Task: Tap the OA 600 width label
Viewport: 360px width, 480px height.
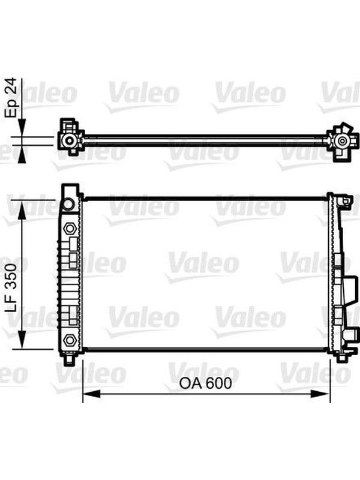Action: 205,383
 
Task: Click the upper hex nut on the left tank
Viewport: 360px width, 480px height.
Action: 70,229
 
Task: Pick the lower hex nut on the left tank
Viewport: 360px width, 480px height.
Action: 70,340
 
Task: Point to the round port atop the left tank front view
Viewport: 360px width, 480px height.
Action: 68,204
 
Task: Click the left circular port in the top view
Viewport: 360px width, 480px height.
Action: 70,140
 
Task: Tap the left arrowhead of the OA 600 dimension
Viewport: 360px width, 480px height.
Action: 92,394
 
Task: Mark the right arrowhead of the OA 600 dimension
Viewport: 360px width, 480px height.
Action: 322,394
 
